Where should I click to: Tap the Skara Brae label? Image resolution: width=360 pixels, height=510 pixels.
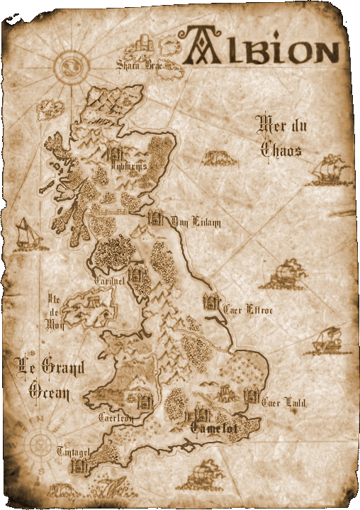pos(140,66)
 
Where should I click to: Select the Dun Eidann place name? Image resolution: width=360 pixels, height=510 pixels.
pos(196,223)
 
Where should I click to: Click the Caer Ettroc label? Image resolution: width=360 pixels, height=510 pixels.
pos(247,309)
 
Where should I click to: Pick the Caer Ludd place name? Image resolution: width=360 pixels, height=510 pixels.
pos(283,403)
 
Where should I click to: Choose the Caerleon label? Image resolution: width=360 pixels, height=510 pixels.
pos(116,418)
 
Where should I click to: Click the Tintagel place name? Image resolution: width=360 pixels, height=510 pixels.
pos(73,452)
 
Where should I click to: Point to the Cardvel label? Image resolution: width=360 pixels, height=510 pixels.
pos(110,282)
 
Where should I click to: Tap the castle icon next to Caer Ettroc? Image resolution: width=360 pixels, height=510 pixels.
pos(210,301)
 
